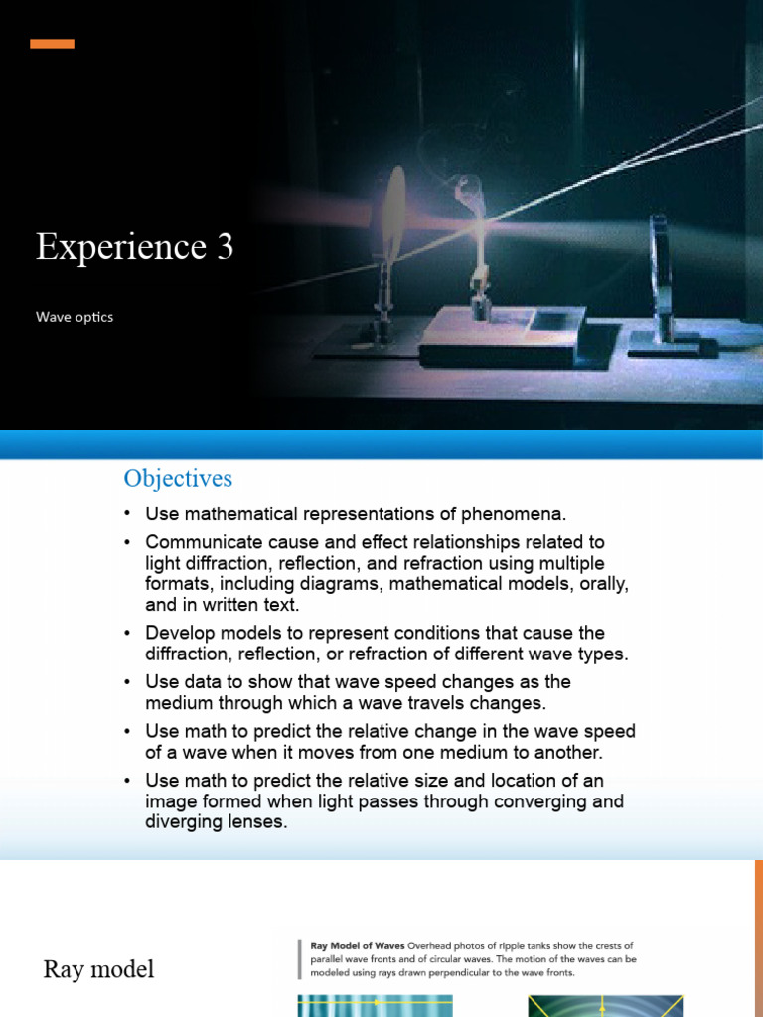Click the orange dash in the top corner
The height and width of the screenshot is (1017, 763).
tap(52, 44)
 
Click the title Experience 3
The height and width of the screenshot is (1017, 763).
tap(135, 247)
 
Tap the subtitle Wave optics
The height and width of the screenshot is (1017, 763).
tap(75, 317)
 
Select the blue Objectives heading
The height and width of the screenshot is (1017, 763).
tap(178, 478)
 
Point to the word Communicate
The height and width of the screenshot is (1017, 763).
tap(199, 542)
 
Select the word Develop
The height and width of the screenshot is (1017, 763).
tap(179, 633)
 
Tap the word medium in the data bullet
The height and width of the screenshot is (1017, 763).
tap(178, 703)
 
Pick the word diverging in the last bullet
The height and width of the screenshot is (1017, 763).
tap(187, 822)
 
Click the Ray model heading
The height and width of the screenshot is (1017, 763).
tap(98, 969)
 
